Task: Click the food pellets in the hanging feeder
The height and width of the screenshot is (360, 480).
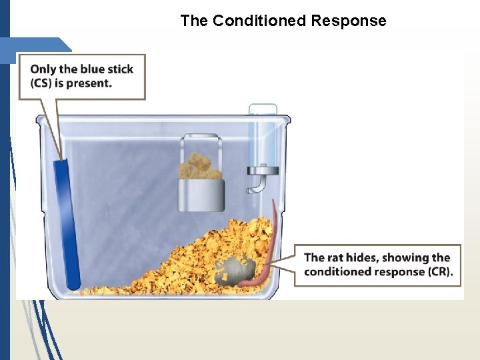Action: tap(200, 166)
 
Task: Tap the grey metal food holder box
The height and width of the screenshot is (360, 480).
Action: tap(201, 195)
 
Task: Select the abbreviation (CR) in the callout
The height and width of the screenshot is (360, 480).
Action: tap(438, 271)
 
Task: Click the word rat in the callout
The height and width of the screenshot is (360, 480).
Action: tap(338, 257)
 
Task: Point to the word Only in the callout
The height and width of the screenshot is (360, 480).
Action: tap(43, 69)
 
